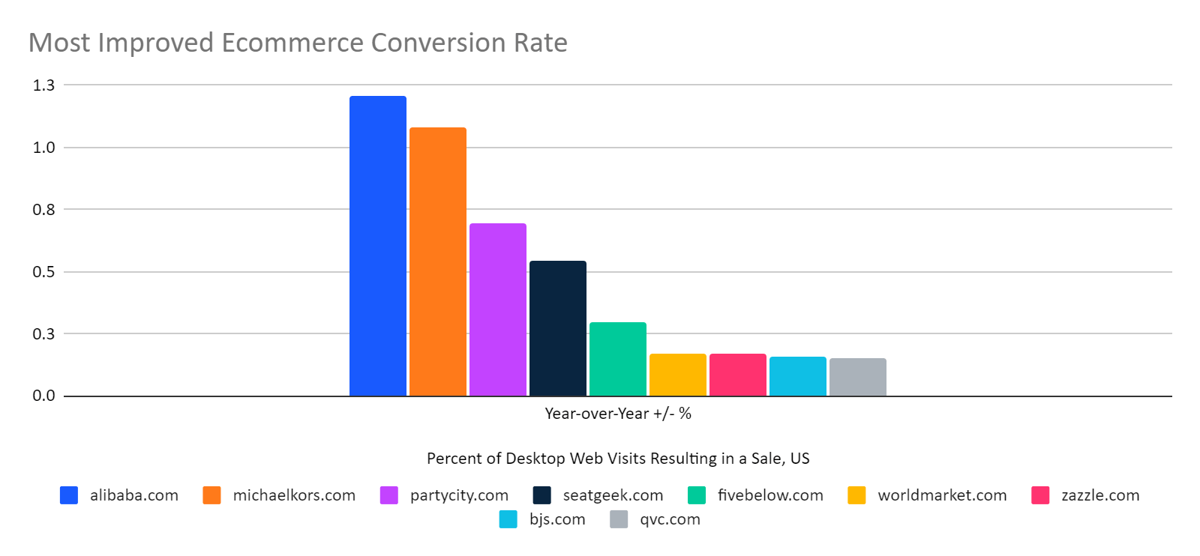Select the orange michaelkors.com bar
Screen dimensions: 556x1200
(437, 262)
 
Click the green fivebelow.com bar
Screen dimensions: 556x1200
(617, 359)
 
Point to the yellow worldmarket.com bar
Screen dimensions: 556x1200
(677, 375)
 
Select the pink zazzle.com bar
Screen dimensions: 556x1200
(737, 375)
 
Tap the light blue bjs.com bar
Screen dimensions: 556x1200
(797, 376)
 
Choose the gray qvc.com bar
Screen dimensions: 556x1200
(857, 377)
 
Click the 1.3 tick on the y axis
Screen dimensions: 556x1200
(43, 85)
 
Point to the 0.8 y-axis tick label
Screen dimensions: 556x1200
(43, 210)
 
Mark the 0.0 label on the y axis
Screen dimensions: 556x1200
(43, 396)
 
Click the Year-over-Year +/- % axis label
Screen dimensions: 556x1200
(618, 414)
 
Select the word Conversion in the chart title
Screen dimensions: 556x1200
(438, 43)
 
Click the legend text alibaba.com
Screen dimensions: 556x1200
(134, 495)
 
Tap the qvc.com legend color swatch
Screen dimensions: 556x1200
(619, 519)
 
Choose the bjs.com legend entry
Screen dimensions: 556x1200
(556, 519)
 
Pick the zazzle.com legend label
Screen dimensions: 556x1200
(1099, 495)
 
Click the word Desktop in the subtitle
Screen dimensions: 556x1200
(536, 459)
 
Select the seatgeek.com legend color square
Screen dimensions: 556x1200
(541, 495)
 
